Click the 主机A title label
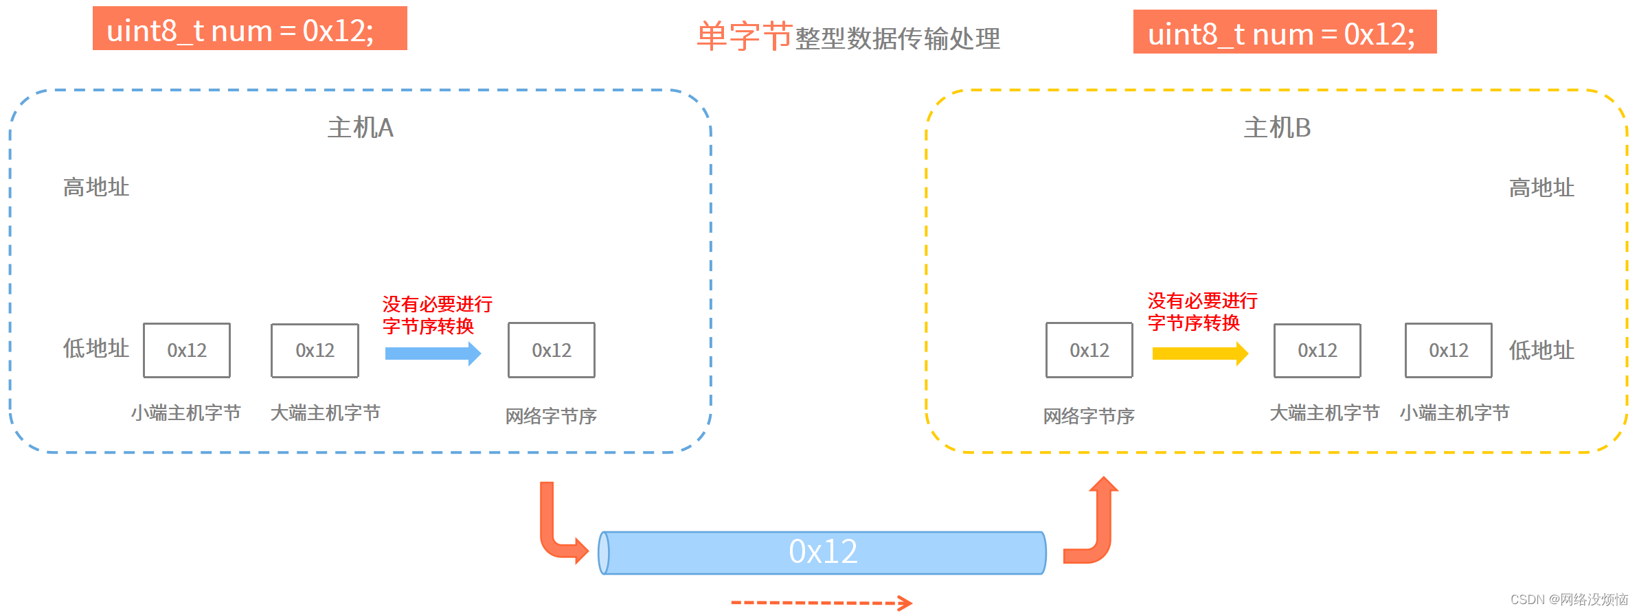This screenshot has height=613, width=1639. [360, 128]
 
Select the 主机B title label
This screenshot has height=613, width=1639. [1277, 128]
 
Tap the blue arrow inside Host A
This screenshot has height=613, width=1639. [433, 354]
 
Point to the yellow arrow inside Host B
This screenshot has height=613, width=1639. [1199, 354]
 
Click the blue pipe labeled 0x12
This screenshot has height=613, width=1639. [822, 552]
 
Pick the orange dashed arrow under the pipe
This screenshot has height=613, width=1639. [822, 603]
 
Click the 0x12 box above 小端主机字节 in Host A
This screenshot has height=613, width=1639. [187, 350]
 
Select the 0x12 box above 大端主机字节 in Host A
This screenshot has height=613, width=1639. [315, 350]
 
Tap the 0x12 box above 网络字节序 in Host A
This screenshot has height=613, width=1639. [551, 350]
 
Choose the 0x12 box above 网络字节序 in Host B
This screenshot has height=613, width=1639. [1089, 350]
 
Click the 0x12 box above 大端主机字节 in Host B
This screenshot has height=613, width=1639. [1317, 350]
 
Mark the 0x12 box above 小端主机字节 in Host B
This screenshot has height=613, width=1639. [1448, 350]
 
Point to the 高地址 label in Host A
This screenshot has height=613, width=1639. [96, 187]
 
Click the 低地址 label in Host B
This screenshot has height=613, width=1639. [1541, 350]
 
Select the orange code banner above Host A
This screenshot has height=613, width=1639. [249, 29]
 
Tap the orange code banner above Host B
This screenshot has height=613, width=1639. [1285, 32]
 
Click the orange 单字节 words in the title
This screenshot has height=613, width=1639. [744, 36]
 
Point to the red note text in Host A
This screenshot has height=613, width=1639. [437, 314]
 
